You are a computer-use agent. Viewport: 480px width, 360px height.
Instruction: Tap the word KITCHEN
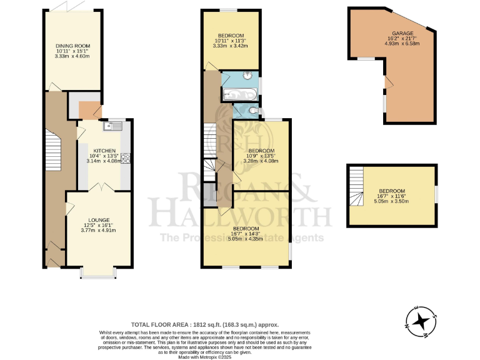(x=104, y=151)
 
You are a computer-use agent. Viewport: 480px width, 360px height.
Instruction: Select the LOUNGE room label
(x=99, y=220)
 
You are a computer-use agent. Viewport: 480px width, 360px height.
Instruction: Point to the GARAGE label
(x=403, y=32)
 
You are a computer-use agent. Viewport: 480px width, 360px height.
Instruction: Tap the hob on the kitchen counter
(x=125, y=158)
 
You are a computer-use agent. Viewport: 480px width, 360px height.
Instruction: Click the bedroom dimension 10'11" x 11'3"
(x=231, y=41)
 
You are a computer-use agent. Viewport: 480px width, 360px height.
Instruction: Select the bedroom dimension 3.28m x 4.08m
(x=261, y=162)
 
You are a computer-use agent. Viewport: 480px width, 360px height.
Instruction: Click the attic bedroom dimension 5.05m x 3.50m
(x=391, y=201)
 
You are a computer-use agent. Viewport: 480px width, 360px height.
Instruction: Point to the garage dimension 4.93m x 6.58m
(x=403, y=44)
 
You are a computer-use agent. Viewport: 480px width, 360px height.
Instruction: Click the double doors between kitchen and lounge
(x=98, y=187)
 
